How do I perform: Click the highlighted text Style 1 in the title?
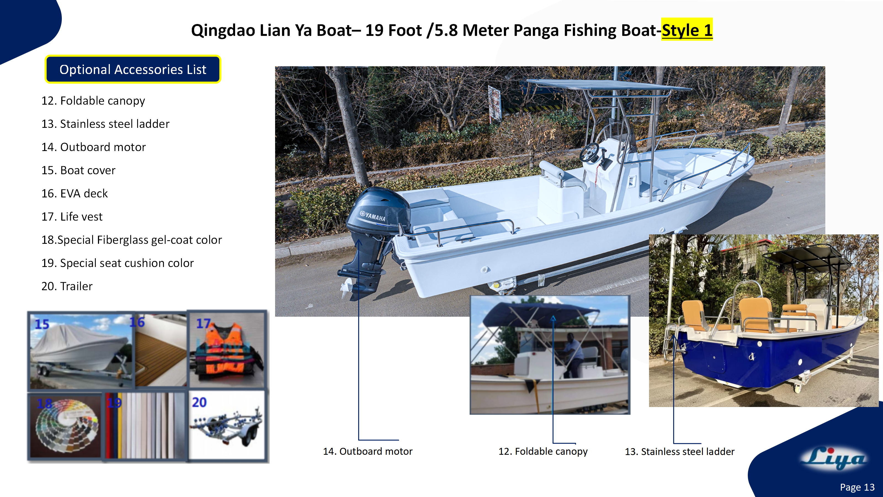tap(687, 30)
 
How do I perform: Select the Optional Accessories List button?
tap(133, 69)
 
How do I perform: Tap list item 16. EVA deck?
tap(75, 194)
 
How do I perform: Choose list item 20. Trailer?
tap(67, 286)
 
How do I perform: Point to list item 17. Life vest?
tap(72, 217)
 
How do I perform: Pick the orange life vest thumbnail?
tap(227, 350)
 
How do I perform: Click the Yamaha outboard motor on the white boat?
tap(377, 220)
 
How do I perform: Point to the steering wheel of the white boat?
tap(589, 153)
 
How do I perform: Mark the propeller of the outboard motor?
tap(347, 287)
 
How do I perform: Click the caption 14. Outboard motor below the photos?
tap(368, 451)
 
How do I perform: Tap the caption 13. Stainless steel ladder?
tap(679, 452)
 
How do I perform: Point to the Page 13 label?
tap(857, 487)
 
